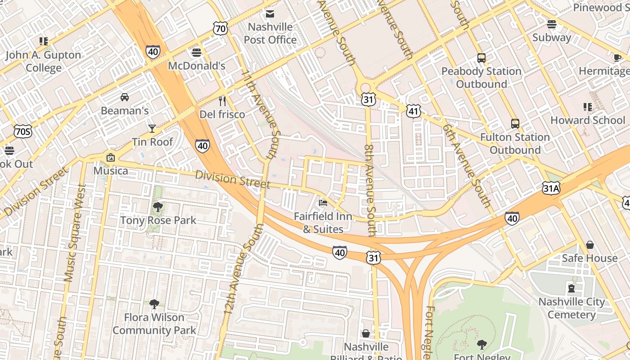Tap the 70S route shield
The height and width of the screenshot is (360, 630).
click(22, 131)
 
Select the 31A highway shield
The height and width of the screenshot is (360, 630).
click(551, 188)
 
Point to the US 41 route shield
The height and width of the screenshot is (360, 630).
click(413, 111)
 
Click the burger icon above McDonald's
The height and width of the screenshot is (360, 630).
click(196, 53)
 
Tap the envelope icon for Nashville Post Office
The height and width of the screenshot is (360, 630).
click(270, 14)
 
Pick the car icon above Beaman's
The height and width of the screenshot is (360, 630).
click(125, 97)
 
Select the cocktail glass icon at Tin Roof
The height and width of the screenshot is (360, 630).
click(152, 129)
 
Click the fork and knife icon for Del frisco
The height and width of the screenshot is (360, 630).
click(222, 101)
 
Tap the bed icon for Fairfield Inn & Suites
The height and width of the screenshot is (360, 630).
click(323, 203)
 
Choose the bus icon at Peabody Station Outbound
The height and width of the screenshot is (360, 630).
click(481, 58)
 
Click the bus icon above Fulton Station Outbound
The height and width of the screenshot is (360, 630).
click(515, 124)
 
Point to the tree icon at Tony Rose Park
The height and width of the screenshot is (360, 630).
click(157, 207)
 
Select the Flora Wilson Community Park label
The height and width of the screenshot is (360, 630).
click(154, 324)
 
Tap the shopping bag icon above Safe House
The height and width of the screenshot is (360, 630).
click(589, 245)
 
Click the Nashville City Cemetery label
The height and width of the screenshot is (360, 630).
click(571, 308)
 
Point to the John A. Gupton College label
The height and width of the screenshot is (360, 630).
click(44, 62)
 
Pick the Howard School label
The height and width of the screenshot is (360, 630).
click(588, 120)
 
